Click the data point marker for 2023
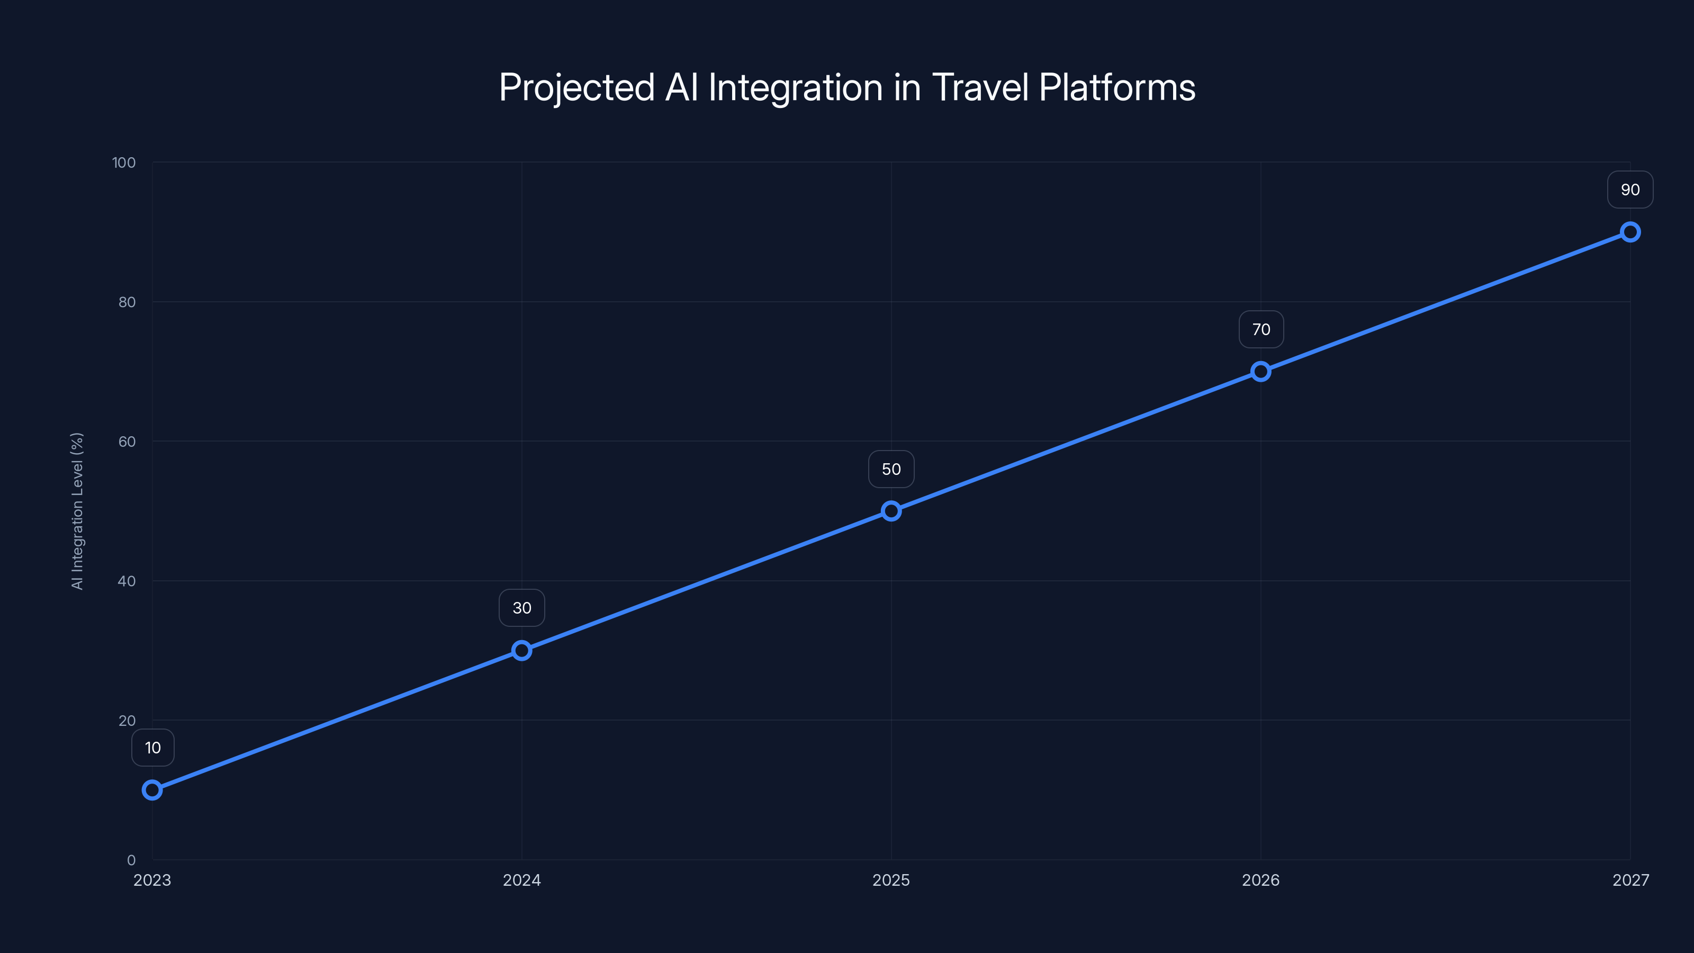click(152, 790)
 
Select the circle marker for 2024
click(521, 651)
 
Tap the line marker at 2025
click(891, 511)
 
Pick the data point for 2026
click(1260, 372)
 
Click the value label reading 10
click(152, 748)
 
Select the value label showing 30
click(521, 608)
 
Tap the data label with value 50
click(891, 469)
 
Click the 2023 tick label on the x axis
click(152, 880)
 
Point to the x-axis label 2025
click(891, 880)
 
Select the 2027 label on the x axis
click(1631, 880)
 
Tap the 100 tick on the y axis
click(124, 163)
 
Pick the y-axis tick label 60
click(127, 442)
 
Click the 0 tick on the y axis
click(131, 860)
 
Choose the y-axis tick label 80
click(127, 302)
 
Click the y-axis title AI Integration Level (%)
click(78, 511)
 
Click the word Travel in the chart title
click(980, 87)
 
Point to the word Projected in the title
click(576, 87)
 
